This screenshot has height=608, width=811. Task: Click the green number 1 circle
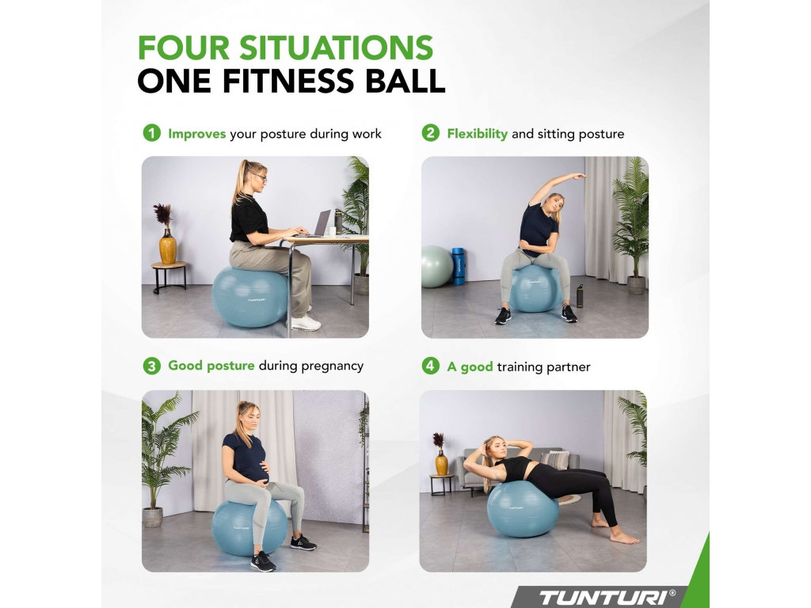point(151,133)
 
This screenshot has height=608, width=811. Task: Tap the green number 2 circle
point(430,133)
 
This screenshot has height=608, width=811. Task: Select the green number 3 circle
point(151,366)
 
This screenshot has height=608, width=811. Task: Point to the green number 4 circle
point(430,366)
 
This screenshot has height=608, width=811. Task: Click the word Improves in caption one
point(197,134)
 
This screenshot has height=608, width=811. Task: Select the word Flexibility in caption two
point(478,134)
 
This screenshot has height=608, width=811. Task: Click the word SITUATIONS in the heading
point(336,47)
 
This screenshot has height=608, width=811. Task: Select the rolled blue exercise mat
point(459,266)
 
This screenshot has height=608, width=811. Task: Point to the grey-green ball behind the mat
point(437,267)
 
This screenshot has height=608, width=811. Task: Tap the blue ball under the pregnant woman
point(249,527)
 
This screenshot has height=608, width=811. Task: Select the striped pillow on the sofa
point(554,460)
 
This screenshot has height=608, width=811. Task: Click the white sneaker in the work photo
point(305,322)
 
